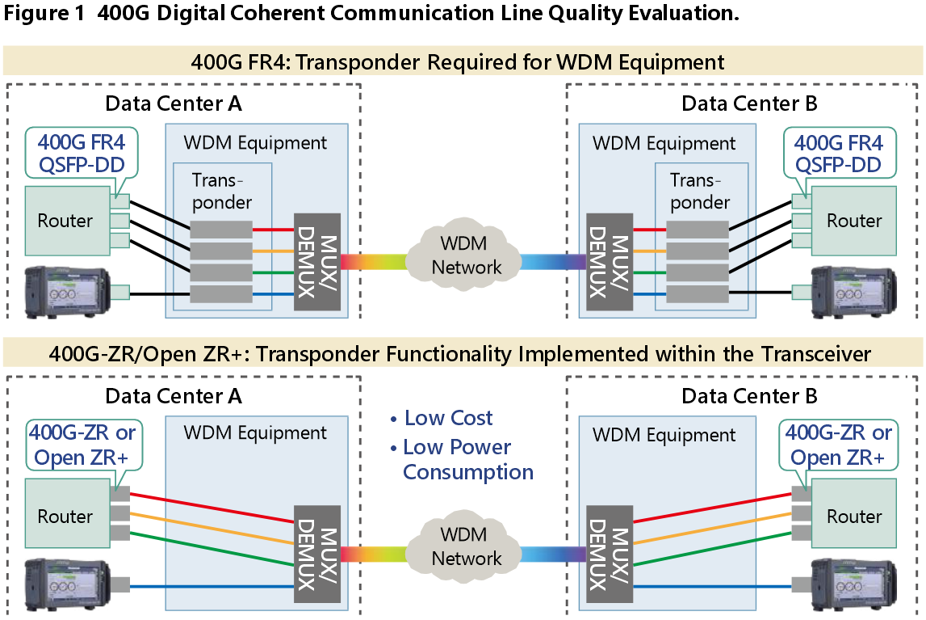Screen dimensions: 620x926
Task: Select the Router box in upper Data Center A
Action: (x=65, y=221)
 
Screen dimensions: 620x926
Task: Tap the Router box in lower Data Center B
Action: (x=854, y=517)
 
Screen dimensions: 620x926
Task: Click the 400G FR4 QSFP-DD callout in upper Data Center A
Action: (x=81, y=154)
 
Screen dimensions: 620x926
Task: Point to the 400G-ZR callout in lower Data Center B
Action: (x=839, y=445)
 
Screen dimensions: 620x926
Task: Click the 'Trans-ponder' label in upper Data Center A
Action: (x=222, y=191)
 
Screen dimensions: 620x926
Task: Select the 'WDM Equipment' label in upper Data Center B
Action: (x=664, y=144)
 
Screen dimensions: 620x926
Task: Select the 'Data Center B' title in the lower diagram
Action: (x=749, y=396)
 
